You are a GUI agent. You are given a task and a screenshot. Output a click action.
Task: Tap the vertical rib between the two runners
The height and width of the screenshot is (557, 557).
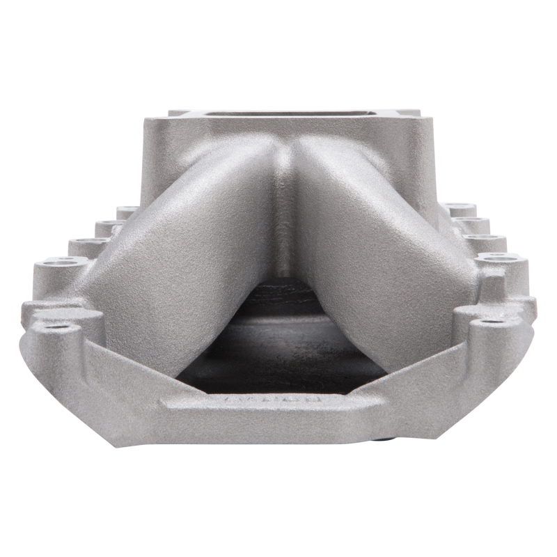click(x=284, y=209)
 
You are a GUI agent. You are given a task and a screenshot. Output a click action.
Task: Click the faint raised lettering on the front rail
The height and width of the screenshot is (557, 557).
click(x=273, y=402)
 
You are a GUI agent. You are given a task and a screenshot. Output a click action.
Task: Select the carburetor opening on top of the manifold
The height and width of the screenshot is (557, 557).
click(x=292, y=114)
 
